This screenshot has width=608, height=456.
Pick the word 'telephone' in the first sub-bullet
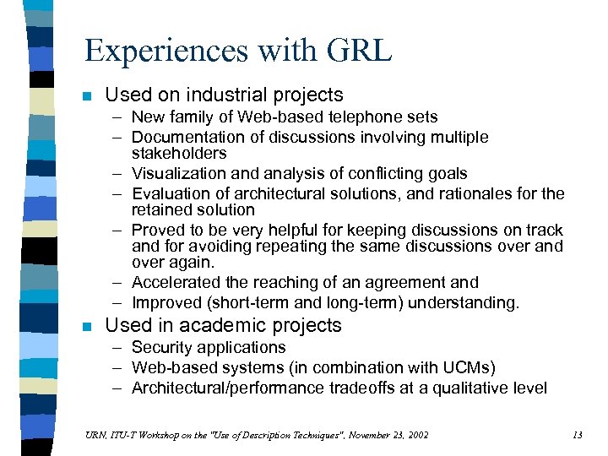361,117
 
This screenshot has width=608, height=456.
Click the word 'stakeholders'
179,153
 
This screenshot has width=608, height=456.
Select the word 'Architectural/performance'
227,388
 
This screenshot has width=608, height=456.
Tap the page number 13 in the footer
577,435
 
